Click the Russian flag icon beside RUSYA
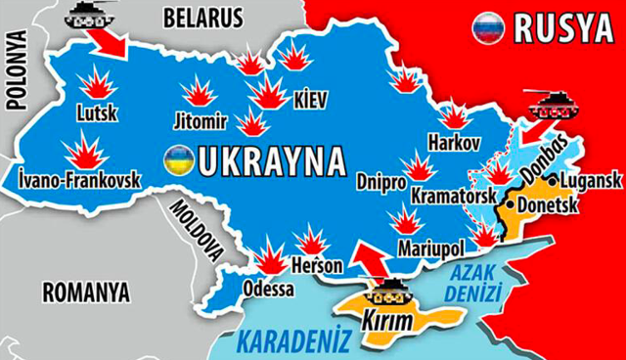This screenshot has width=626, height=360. tap(485, 28)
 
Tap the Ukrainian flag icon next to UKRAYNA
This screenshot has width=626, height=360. tap(179, 158)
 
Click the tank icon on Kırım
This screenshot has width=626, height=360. tap(390, 290)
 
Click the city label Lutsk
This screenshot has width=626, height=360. tap(96, 113)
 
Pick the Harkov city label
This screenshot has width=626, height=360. tap(454, 144)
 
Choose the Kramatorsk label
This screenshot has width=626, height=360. tap(452, 197)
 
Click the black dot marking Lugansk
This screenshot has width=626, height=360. tap(555, 182)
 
